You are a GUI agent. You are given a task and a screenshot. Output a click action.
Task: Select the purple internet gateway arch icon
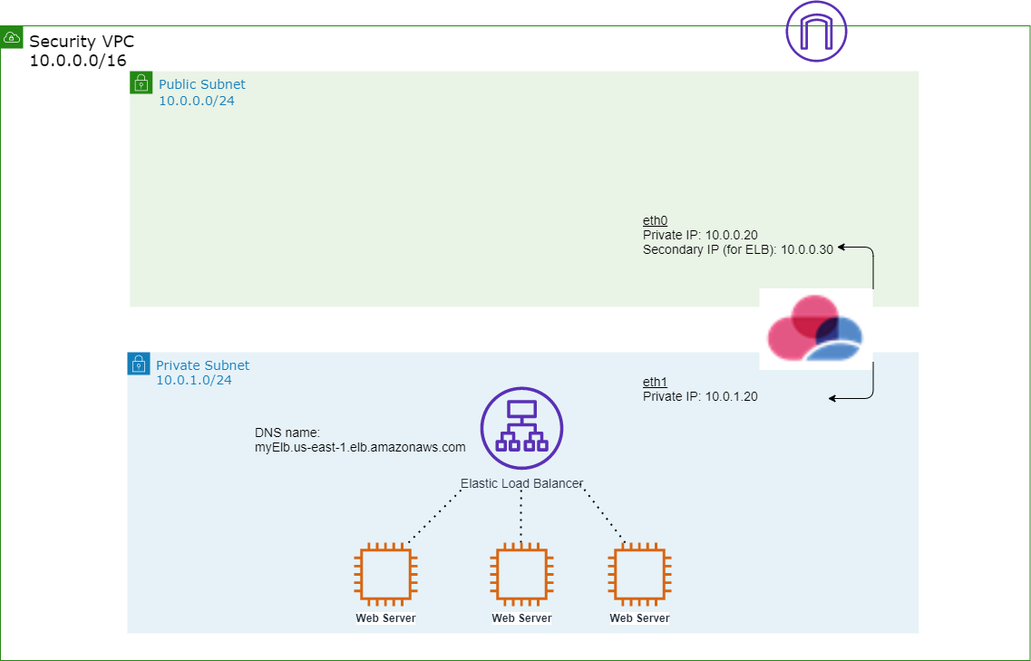coord(816,32)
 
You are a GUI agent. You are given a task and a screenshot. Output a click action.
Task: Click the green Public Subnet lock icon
coord(141,83)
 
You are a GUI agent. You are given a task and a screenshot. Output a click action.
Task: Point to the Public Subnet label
coord(201,84)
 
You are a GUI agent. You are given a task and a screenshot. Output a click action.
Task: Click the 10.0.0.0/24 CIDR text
coord(197,101)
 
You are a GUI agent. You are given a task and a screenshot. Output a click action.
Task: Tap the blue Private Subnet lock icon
coord(138,364)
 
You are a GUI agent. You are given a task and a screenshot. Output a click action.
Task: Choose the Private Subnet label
coord(202,365)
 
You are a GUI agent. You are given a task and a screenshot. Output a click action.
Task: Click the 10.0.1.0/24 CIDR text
coord(194,380)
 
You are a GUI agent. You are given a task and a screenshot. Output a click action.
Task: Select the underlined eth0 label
coord(656,221)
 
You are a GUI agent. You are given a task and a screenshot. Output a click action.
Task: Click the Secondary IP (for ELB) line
coord(738,248)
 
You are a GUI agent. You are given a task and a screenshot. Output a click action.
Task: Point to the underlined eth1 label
coord(656,383)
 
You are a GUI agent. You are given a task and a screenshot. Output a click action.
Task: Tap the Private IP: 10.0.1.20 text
coord(700,396)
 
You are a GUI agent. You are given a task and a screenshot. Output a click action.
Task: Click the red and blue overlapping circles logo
coord(815,330)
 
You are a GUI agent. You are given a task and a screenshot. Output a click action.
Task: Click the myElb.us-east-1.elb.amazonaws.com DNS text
coord(360,447)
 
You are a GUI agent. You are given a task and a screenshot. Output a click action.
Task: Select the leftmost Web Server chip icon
coord(386,575)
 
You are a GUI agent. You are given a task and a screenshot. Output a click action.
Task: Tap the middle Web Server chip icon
coord(521,575)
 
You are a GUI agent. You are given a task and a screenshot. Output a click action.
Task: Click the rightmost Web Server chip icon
coord(639,575)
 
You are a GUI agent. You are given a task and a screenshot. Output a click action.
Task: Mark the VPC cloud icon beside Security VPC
coord(13,38)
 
